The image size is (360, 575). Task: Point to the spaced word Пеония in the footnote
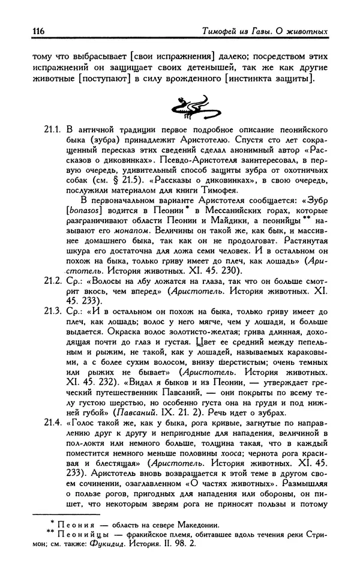click(71, 524)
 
